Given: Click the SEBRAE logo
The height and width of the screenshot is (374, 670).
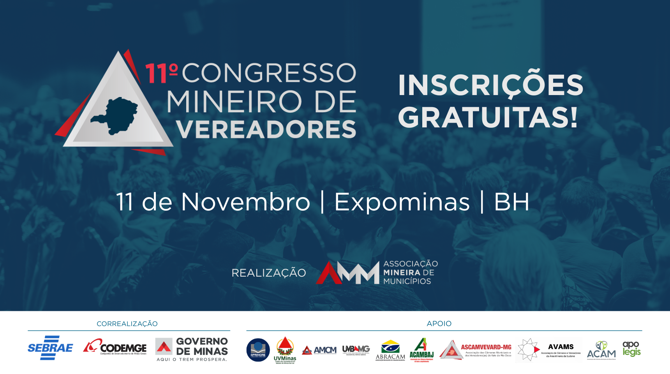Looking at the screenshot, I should (x=50, y=348).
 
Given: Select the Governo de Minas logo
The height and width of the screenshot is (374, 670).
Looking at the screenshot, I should (x=192, y=349).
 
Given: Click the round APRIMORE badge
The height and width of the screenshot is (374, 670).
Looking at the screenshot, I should (x=258, y=349).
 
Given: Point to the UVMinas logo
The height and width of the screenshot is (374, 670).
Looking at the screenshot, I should (x=285, y=349).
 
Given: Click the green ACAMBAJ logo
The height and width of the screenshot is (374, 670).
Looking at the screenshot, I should (x=421, y=349).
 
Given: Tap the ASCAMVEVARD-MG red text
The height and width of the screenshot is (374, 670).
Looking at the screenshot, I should (x=486, y=347).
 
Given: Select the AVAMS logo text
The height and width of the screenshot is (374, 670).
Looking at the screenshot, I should (x=561, y=347).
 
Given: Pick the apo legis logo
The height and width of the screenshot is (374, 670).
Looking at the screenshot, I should (x=631, y=348).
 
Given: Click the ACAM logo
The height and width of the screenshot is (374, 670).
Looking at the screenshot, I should (x=601, y=350).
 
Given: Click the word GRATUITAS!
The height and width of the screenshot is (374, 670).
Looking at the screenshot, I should (x=487, y=118).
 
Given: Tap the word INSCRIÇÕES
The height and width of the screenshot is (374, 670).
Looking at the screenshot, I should (x=490, y=85).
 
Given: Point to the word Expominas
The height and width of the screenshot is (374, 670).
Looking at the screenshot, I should (x=402, y=202).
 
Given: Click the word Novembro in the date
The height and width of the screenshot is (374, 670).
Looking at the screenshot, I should (x=245, y=202).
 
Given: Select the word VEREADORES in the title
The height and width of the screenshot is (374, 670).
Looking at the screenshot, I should (x=266, y=129).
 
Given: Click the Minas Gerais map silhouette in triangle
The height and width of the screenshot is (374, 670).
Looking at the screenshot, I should (x=116, y=115).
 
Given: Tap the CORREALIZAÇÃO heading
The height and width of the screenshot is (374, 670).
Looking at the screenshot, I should (x=127, y=324).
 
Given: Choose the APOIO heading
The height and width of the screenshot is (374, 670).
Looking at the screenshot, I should (x=439, y=324).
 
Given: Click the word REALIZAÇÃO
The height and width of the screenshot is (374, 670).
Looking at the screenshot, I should (x=269, y=273).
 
